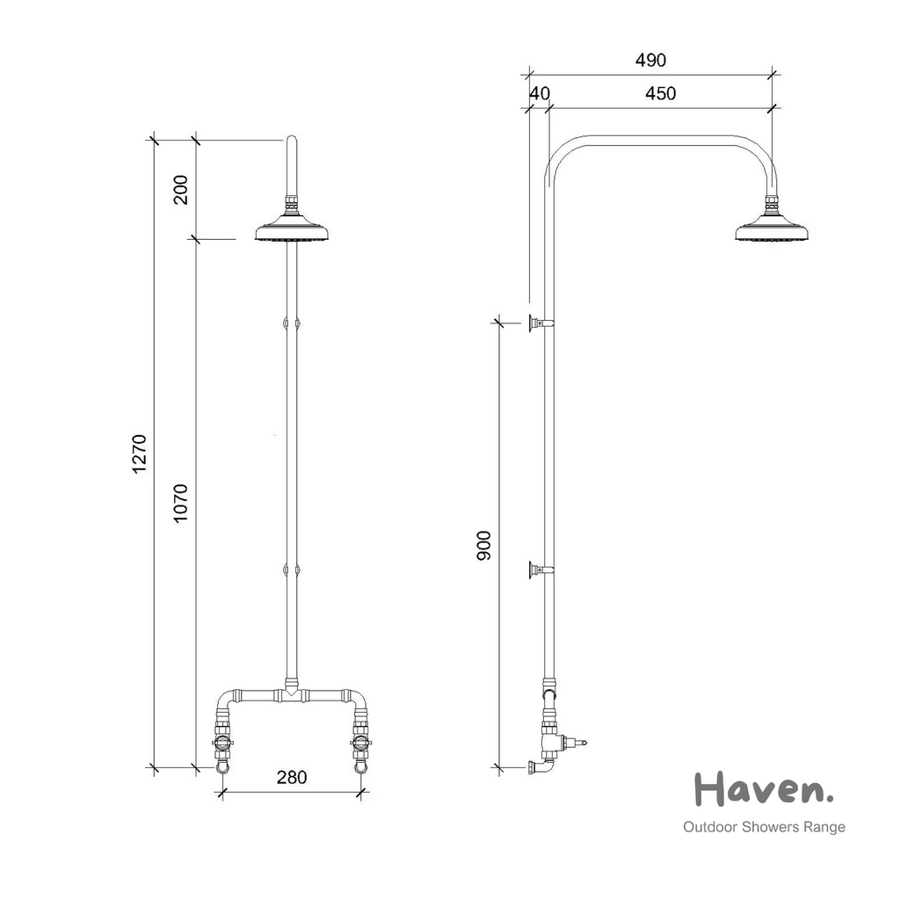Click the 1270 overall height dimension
pos(140,454)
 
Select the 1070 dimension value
pos(181,503)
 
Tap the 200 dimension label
pos(181,190)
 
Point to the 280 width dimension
pos(291,777)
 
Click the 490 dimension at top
pos(650,60)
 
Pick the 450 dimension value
pos(660,93)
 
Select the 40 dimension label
pos(539,93)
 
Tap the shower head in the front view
pos(292,231)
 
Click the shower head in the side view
pos(772,231)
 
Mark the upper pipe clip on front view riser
pos(292,323)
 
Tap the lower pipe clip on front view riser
pos(292,570)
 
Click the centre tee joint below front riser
pos(292,694)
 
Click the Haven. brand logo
pos(763,788)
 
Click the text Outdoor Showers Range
pos(764,827)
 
